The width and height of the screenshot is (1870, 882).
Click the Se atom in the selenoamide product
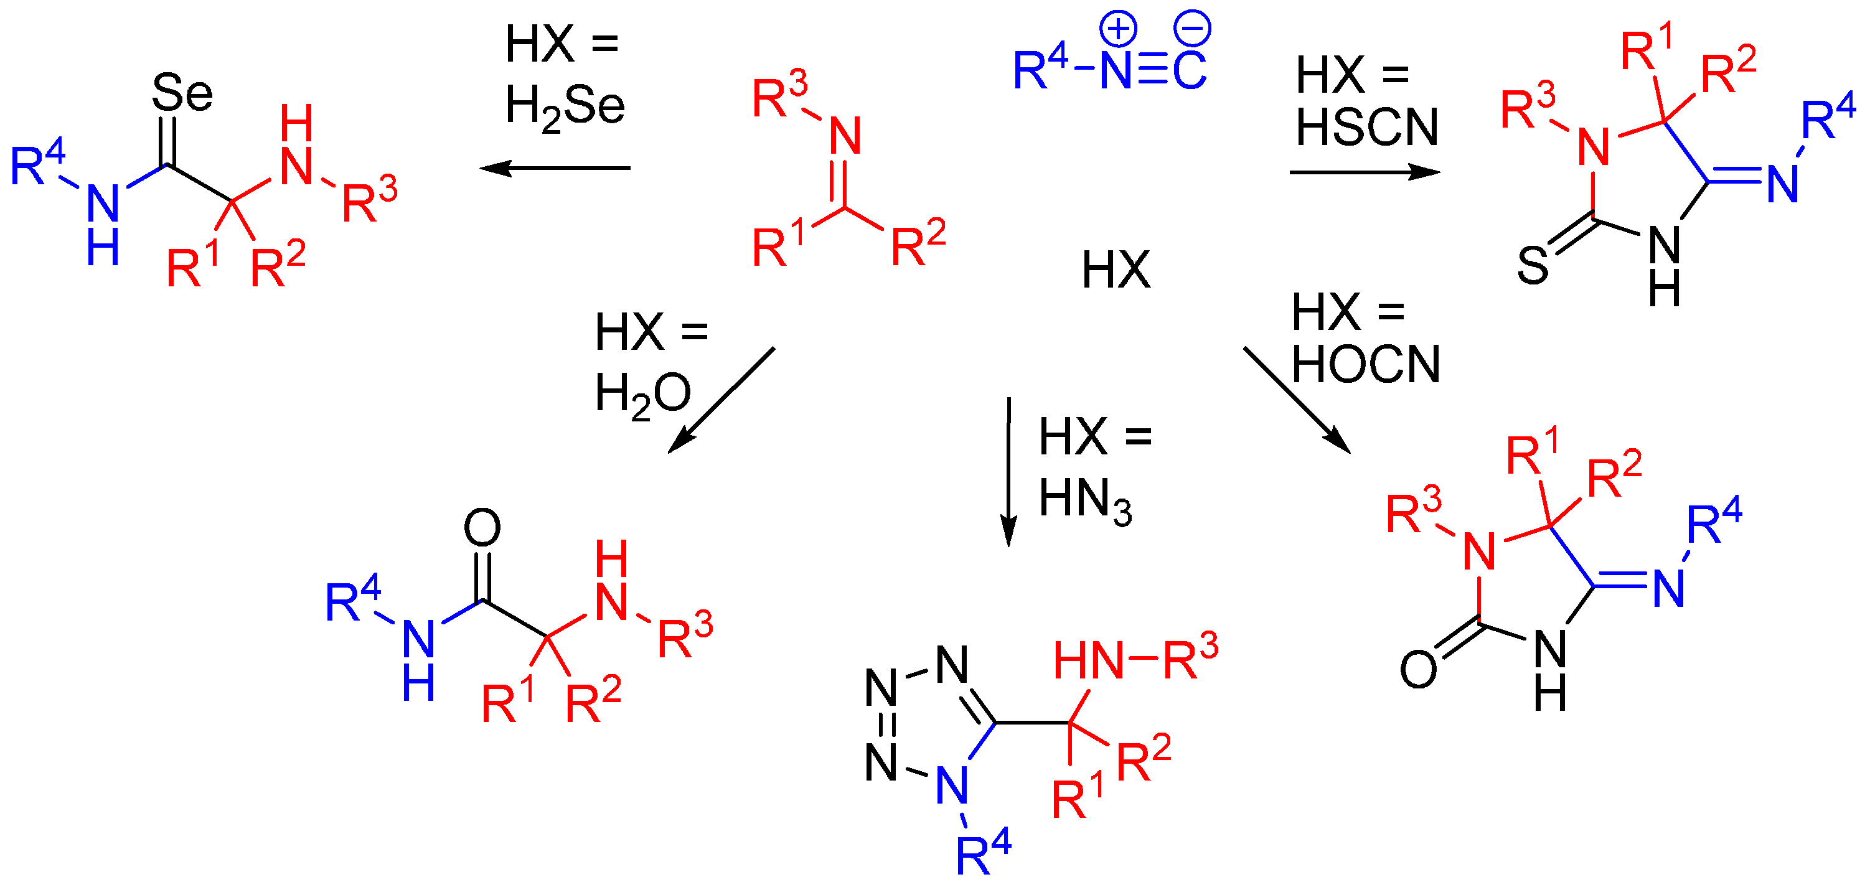point(182,93)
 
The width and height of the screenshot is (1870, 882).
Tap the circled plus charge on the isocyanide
point(1118,29)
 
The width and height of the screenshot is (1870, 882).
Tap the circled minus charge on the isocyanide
point(1193,29)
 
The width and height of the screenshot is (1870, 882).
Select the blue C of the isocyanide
point(1189,71)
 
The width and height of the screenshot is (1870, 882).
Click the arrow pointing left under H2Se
point(555,169)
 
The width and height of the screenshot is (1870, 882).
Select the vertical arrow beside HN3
point(1008,472)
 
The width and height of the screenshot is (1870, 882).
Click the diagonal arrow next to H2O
point(720,401)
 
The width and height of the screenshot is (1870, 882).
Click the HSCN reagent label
point(1367,128)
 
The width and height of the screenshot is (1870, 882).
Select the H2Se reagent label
point(565,106)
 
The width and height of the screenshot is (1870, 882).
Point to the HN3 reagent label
point(1084,499)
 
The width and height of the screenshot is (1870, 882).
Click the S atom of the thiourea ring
point(1533,266)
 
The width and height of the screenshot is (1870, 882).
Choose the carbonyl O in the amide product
point(482,528)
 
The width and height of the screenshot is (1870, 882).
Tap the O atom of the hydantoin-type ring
point(1417,669)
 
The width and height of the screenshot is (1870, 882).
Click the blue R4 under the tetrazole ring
point(983,855)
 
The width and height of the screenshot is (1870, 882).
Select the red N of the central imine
point(845,136)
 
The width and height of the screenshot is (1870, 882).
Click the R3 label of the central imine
point(779,96)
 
